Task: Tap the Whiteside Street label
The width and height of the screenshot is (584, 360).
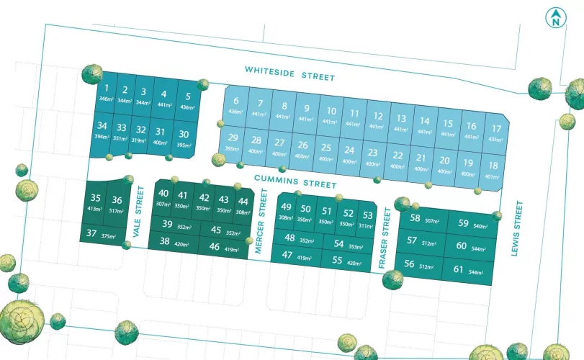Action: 289,72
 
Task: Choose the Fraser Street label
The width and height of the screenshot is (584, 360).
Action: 385,239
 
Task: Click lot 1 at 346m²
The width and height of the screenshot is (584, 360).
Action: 106,92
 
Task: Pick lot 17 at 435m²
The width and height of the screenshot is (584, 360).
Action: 495,133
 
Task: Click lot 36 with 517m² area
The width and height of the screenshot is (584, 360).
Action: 117,204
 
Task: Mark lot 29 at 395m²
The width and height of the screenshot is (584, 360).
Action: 232,141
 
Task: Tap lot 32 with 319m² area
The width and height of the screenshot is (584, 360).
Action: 141,133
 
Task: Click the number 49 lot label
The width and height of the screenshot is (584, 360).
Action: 286,212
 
